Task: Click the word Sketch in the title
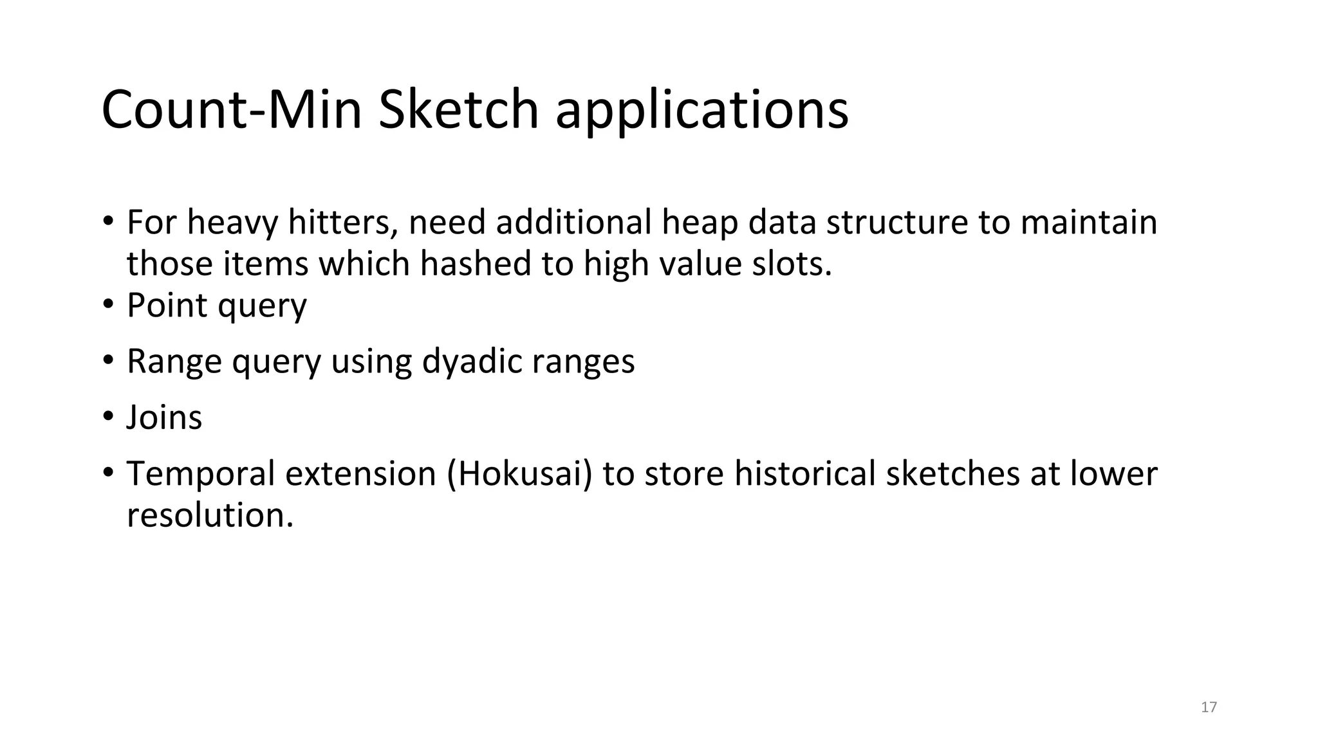(x=458, y=109)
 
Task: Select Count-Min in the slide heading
(x=232, y=109)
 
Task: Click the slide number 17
(x=1209, y=707)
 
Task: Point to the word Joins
(x=164, y=417)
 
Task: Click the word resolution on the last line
(x=209, y=515)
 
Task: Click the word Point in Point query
(x=167, y=306)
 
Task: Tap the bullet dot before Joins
(x=107, y=416)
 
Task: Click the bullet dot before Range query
(x=107, y=360)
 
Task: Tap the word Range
(x=174, y=362)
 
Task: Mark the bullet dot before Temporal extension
(x=107, y=472)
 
